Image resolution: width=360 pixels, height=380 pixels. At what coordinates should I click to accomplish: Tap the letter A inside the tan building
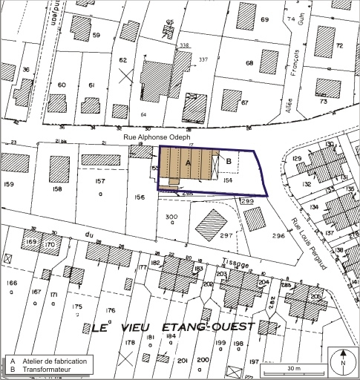click(188, 162)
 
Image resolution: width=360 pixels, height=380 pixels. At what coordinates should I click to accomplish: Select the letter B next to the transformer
click(229, 161)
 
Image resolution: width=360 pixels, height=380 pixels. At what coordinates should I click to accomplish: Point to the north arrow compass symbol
click(343, 361)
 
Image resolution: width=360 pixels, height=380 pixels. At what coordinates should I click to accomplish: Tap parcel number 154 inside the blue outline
click(229, 180)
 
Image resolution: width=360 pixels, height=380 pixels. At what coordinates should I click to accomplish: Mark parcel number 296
click(278, 235)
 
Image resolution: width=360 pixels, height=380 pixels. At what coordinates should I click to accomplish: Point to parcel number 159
click(10, 183)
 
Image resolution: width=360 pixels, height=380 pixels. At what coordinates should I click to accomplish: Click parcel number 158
click(57, 190)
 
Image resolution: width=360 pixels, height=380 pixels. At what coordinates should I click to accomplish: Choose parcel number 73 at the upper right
click(323, 101)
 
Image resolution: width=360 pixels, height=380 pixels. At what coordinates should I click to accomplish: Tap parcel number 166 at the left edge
click(11, 283)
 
